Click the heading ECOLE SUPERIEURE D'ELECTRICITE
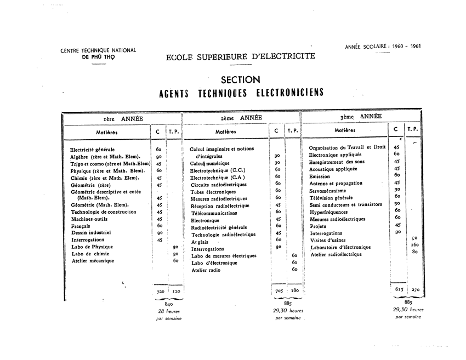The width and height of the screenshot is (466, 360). point(240,56)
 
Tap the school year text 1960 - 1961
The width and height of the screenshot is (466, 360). point(403,47)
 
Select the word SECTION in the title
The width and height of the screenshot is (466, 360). point(240,80)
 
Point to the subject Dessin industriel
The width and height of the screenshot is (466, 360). point(91,232)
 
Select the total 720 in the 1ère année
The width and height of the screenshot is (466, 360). point(160,292)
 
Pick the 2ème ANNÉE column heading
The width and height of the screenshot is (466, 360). point(241,117)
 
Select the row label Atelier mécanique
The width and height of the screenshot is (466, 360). point(93,261)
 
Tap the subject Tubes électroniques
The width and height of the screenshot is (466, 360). point(213,192)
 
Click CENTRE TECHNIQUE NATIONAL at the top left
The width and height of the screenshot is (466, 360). point(98,50)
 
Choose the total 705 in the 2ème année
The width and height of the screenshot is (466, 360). point(279,291)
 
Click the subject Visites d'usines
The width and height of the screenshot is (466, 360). point(328,240)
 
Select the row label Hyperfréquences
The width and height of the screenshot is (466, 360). point(328,212)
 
